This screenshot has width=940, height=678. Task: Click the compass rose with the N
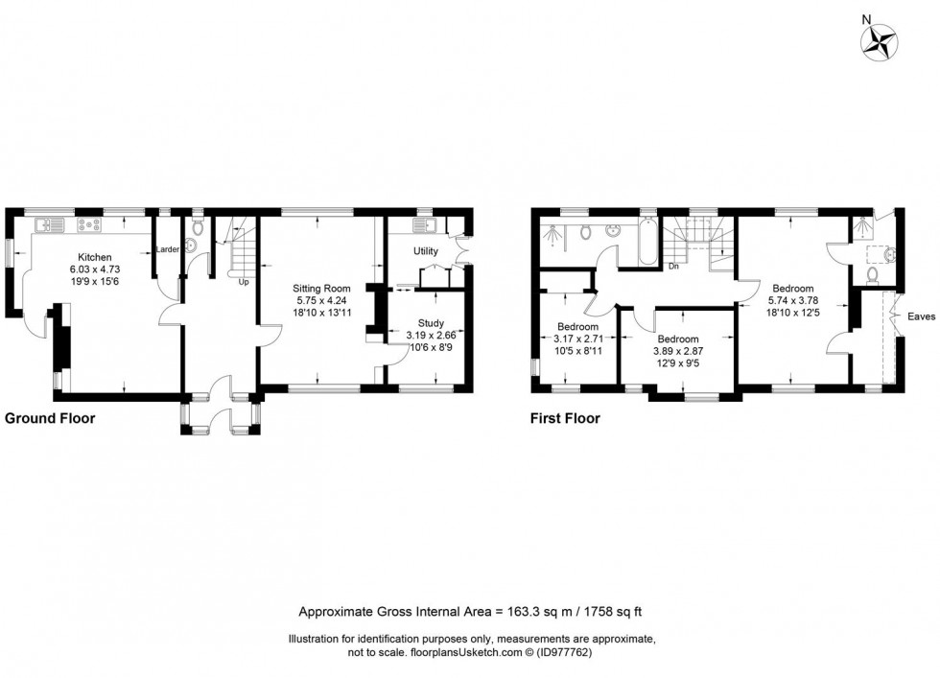[x=879, y=39]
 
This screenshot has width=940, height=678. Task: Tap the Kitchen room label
[x=95, y=258]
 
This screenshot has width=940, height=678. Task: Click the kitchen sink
[x=49, y=225]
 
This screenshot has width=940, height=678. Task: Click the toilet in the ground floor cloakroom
[x=197, y=228]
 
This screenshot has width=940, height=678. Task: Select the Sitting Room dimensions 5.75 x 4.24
[x=323, y=300]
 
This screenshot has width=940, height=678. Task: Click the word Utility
[x=426, y=252]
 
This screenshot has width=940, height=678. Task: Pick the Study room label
[x=431, y=323]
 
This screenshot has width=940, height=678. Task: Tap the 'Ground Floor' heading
[x=50, y=418]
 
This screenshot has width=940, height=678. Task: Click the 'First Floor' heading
[x=565, y=418]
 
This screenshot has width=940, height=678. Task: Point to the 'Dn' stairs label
[x=674, y=267]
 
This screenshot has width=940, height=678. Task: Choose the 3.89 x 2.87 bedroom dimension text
[x=678, y=352]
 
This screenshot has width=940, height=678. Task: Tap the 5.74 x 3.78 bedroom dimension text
[x=793, y=300]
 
